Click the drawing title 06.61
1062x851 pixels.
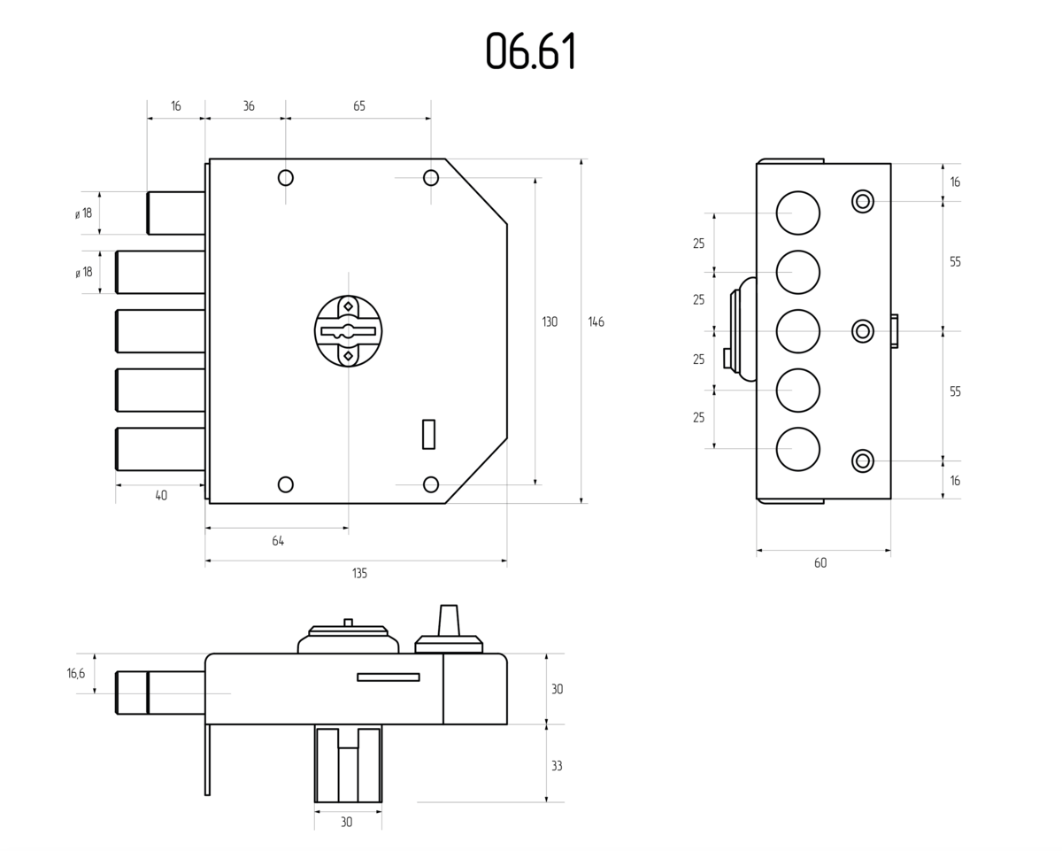(x=530, y=50)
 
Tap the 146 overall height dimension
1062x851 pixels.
(x=596, y=322)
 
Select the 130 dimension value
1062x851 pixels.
(x=550, y=322)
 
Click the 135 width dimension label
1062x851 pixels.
(x=359, y=573)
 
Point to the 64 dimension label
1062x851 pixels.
(x=278, y=541)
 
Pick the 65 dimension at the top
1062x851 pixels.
(x=358, y=106)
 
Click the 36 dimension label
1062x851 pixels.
(x=248, y=106)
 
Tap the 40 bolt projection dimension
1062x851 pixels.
(x=161, y=495)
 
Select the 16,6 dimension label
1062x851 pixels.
(x=76, y=673)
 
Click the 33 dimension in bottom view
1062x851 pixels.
(x=557, y=766)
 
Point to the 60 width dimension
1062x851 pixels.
(x=820, y=563)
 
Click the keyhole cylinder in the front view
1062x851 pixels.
(x=349, y=331)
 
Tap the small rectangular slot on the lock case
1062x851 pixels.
(x=429, y=434)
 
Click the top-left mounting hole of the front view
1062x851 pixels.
(x=286, y=178)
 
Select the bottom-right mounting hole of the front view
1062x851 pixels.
(x=431, y=484)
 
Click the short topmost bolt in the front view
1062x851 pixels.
(x=176, y=213)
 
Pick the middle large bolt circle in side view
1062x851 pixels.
(x=798, y=331)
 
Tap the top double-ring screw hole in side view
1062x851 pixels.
(x=863, y=202)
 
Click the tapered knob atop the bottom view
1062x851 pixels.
(x=449, y=621)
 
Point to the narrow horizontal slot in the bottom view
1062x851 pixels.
(x=389, y=677)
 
